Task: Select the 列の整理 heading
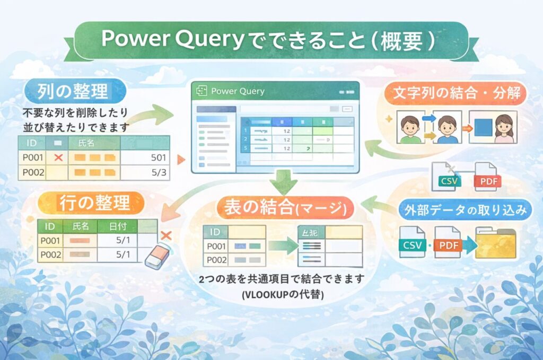tap(72, 91)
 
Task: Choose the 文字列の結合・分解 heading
tap(459, 94)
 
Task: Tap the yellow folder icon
tap(495, 243)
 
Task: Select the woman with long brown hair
tap(503, 128)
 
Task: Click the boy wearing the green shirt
tap(410, 129)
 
